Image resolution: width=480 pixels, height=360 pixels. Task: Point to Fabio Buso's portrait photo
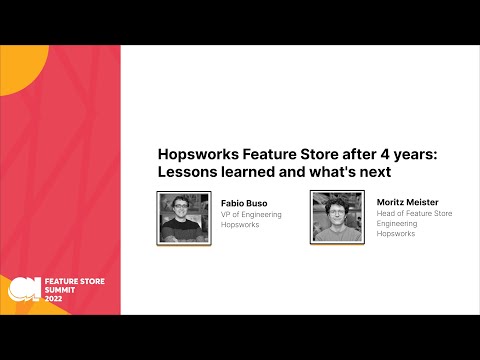[184, 217]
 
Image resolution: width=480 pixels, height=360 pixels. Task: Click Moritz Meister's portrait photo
[336, 217]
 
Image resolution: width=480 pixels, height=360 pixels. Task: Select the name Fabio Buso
[244, 203]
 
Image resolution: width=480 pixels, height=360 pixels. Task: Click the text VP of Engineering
[251, 214]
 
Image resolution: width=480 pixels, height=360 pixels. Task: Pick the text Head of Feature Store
[414, 213]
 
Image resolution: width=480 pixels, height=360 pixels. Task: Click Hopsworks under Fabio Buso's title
[240, 225]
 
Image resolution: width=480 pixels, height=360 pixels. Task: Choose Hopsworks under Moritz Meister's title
[395, 235]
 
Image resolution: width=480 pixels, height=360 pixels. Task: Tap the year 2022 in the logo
[54, 300]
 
